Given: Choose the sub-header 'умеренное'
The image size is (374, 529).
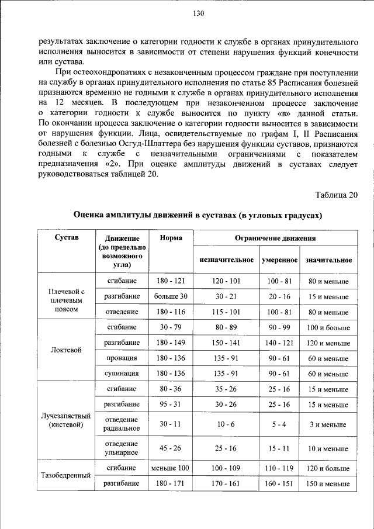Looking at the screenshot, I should coord(279,260).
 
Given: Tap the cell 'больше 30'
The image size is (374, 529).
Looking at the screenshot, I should coord(171,296).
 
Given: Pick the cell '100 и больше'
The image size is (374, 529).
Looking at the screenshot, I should coord(328,327).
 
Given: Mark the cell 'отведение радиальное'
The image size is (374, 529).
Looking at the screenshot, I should coord(122,424).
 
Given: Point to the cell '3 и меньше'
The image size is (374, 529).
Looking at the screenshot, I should coord(328,424).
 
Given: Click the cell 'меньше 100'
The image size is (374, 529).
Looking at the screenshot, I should coord(171,468).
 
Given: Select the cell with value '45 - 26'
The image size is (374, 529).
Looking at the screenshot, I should coord(171,448).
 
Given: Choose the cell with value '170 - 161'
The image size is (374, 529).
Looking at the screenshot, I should coord(226,484).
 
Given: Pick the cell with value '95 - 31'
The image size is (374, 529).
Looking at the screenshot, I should coord(171,404).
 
